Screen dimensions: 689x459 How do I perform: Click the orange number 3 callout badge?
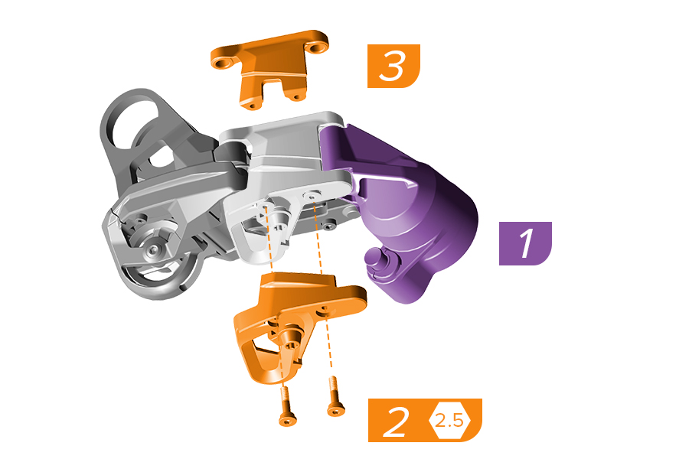pyautogui.click(x=393, y=66)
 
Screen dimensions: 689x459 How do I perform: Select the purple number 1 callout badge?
pyautogui.click(x=525, y=243)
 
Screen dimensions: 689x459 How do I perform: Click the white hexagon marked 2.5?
pyautogui.click(x=449, y=421)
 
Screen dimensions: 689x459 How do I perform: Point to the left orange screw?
pyautogui.click(x=287, y=406)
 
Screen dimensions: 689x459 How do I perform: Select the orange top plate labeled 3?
pyautogui.click(x=269, y=68)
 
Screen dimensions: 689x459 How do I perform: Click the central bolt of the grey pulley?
pyautogui.click(x=152, y=250)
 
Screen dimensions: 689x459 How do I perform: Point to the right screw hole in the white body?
pyautogui.click(x=312, y=194)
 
